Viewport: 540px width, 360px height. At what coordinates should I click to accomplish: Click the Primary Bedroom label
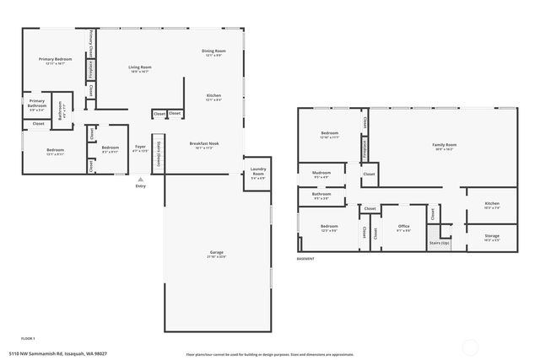[56, 59]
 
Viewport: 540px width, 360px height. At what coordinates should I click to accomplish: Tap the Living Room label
[140, 67]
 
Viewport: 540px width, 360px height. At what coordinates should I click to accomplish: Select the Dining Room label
[213, 51]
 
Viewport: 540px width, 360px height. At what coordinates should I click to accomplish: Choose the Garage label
[216, 253]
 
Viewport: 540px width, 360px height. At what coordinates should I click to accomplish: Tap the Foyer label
[140, 148]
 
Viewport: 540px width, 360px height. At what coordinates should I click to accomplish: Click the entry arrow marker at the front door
[140, 179]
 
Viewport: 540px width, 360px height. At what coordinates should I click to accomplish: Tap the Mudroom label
[321, 173]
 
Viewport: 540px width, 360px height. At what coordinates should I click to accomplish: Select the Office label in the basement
[403, 226]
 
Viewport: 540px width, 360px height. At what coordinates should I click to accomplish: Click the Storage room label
[492, 237]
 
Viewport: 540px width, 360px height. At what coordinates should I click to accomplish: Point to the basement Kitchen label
[492, 203]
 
